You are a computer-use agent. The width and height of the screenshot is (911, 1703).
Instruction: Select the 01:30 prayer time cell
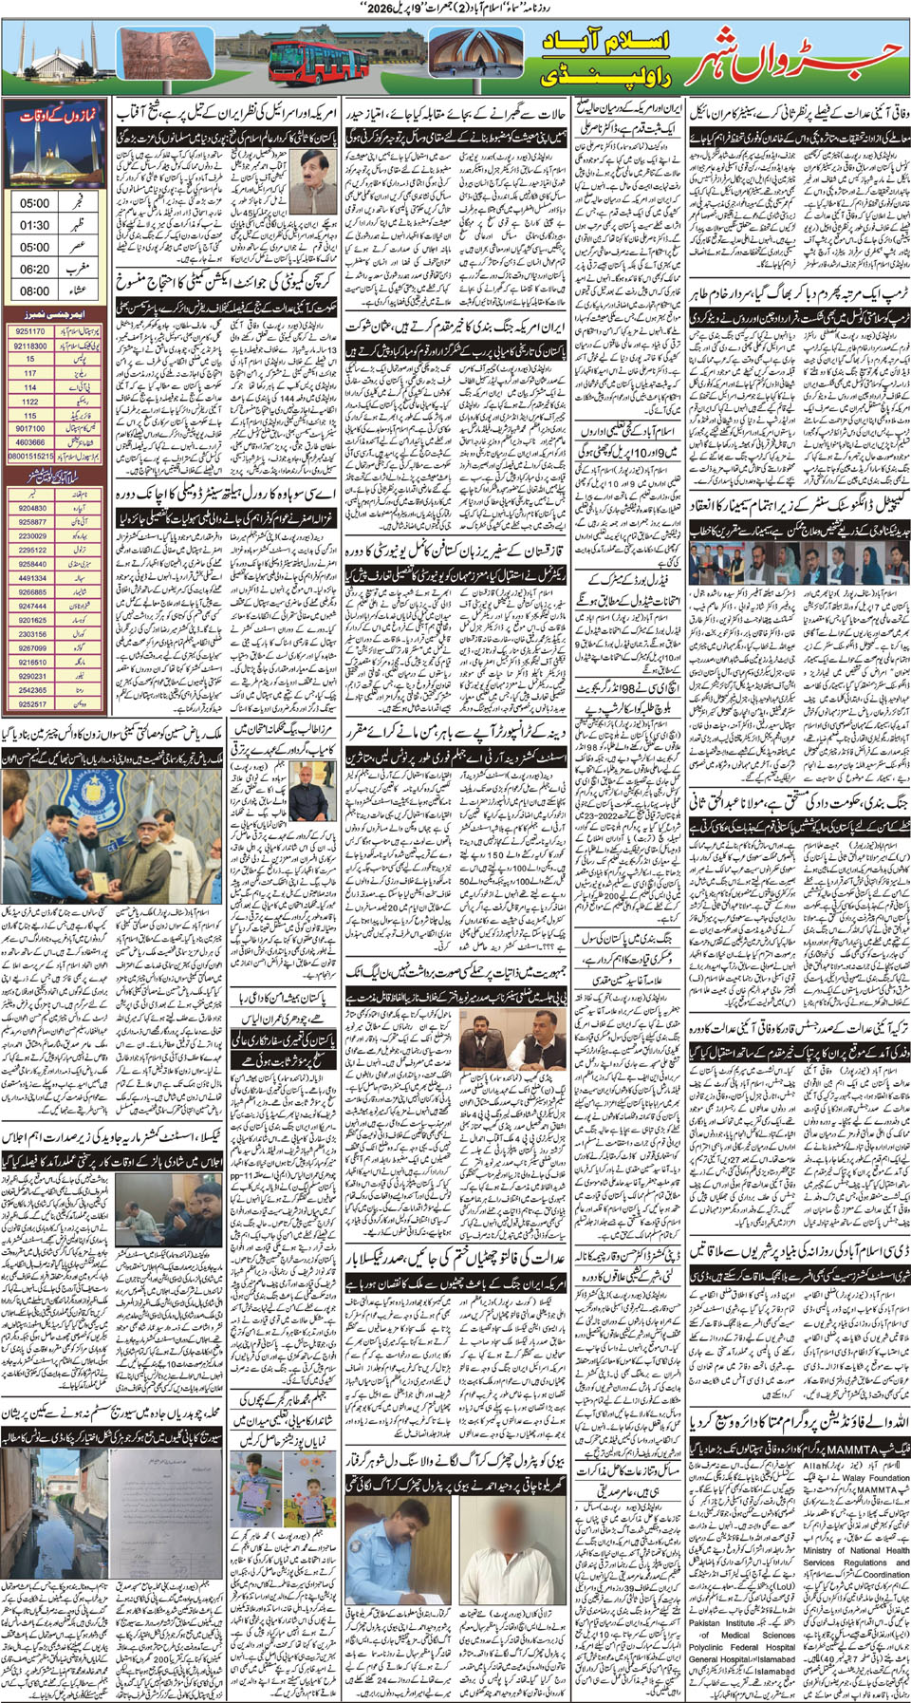[x=35, y=225]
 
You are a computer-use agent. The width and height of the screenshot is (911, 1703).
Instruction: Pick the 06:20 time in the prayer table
[x=35, y=270]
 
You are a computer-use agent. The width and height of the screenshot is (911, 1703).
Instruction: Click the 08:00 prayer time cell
[x=35, y=291]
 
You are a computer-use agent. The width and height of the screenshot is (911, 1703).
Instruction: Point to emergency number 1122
[x=30, y=402]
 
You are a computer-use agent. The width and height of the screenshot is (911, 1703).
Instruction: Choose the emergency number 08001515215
[x=30, y=456]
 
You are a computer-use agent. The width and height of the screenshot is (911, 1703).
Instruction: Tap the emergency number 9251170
[x=30, y=331]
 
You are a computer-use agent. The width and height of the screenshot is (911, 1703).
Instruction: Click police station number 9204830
[x=32, y=508]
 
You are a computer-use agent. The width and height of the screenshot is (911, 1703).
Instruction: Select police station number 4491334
[x=32, y=577]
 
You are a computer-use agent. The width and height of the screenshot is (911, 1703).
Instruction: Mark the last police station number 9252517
[x=32, y=703]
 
